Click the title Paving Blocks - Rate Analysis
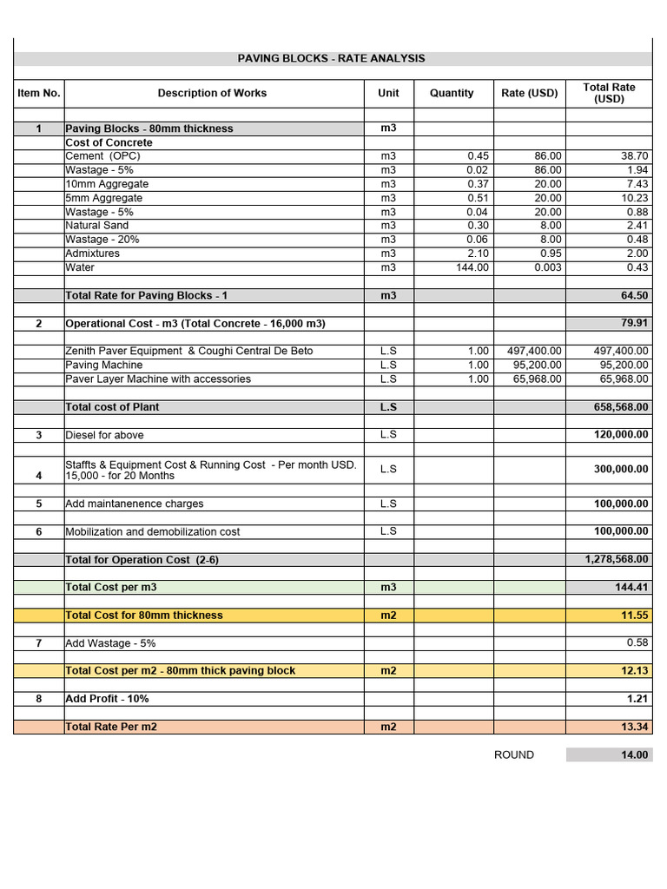[x=332, y=58]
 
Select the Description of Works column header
[x=212, y=93]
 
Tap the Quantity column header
[x=452, y=93]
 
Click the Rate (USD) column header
[x=530, y=93]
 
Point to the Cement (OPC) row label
[x=102, y=156]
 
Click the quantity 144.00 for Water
[x=472, y=267]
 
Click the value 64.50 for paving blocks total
[x=634, y=296]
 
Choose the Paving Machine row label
[x=103, y=365]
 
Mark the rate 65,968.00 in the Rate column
[x=535, y=379]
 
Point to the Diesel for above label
[x=104, y=435]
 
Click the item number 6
[x=38, y=531]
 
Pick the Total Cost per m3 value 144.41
[x=631, y=588]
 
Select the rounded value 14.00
[x=634, y=755]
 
